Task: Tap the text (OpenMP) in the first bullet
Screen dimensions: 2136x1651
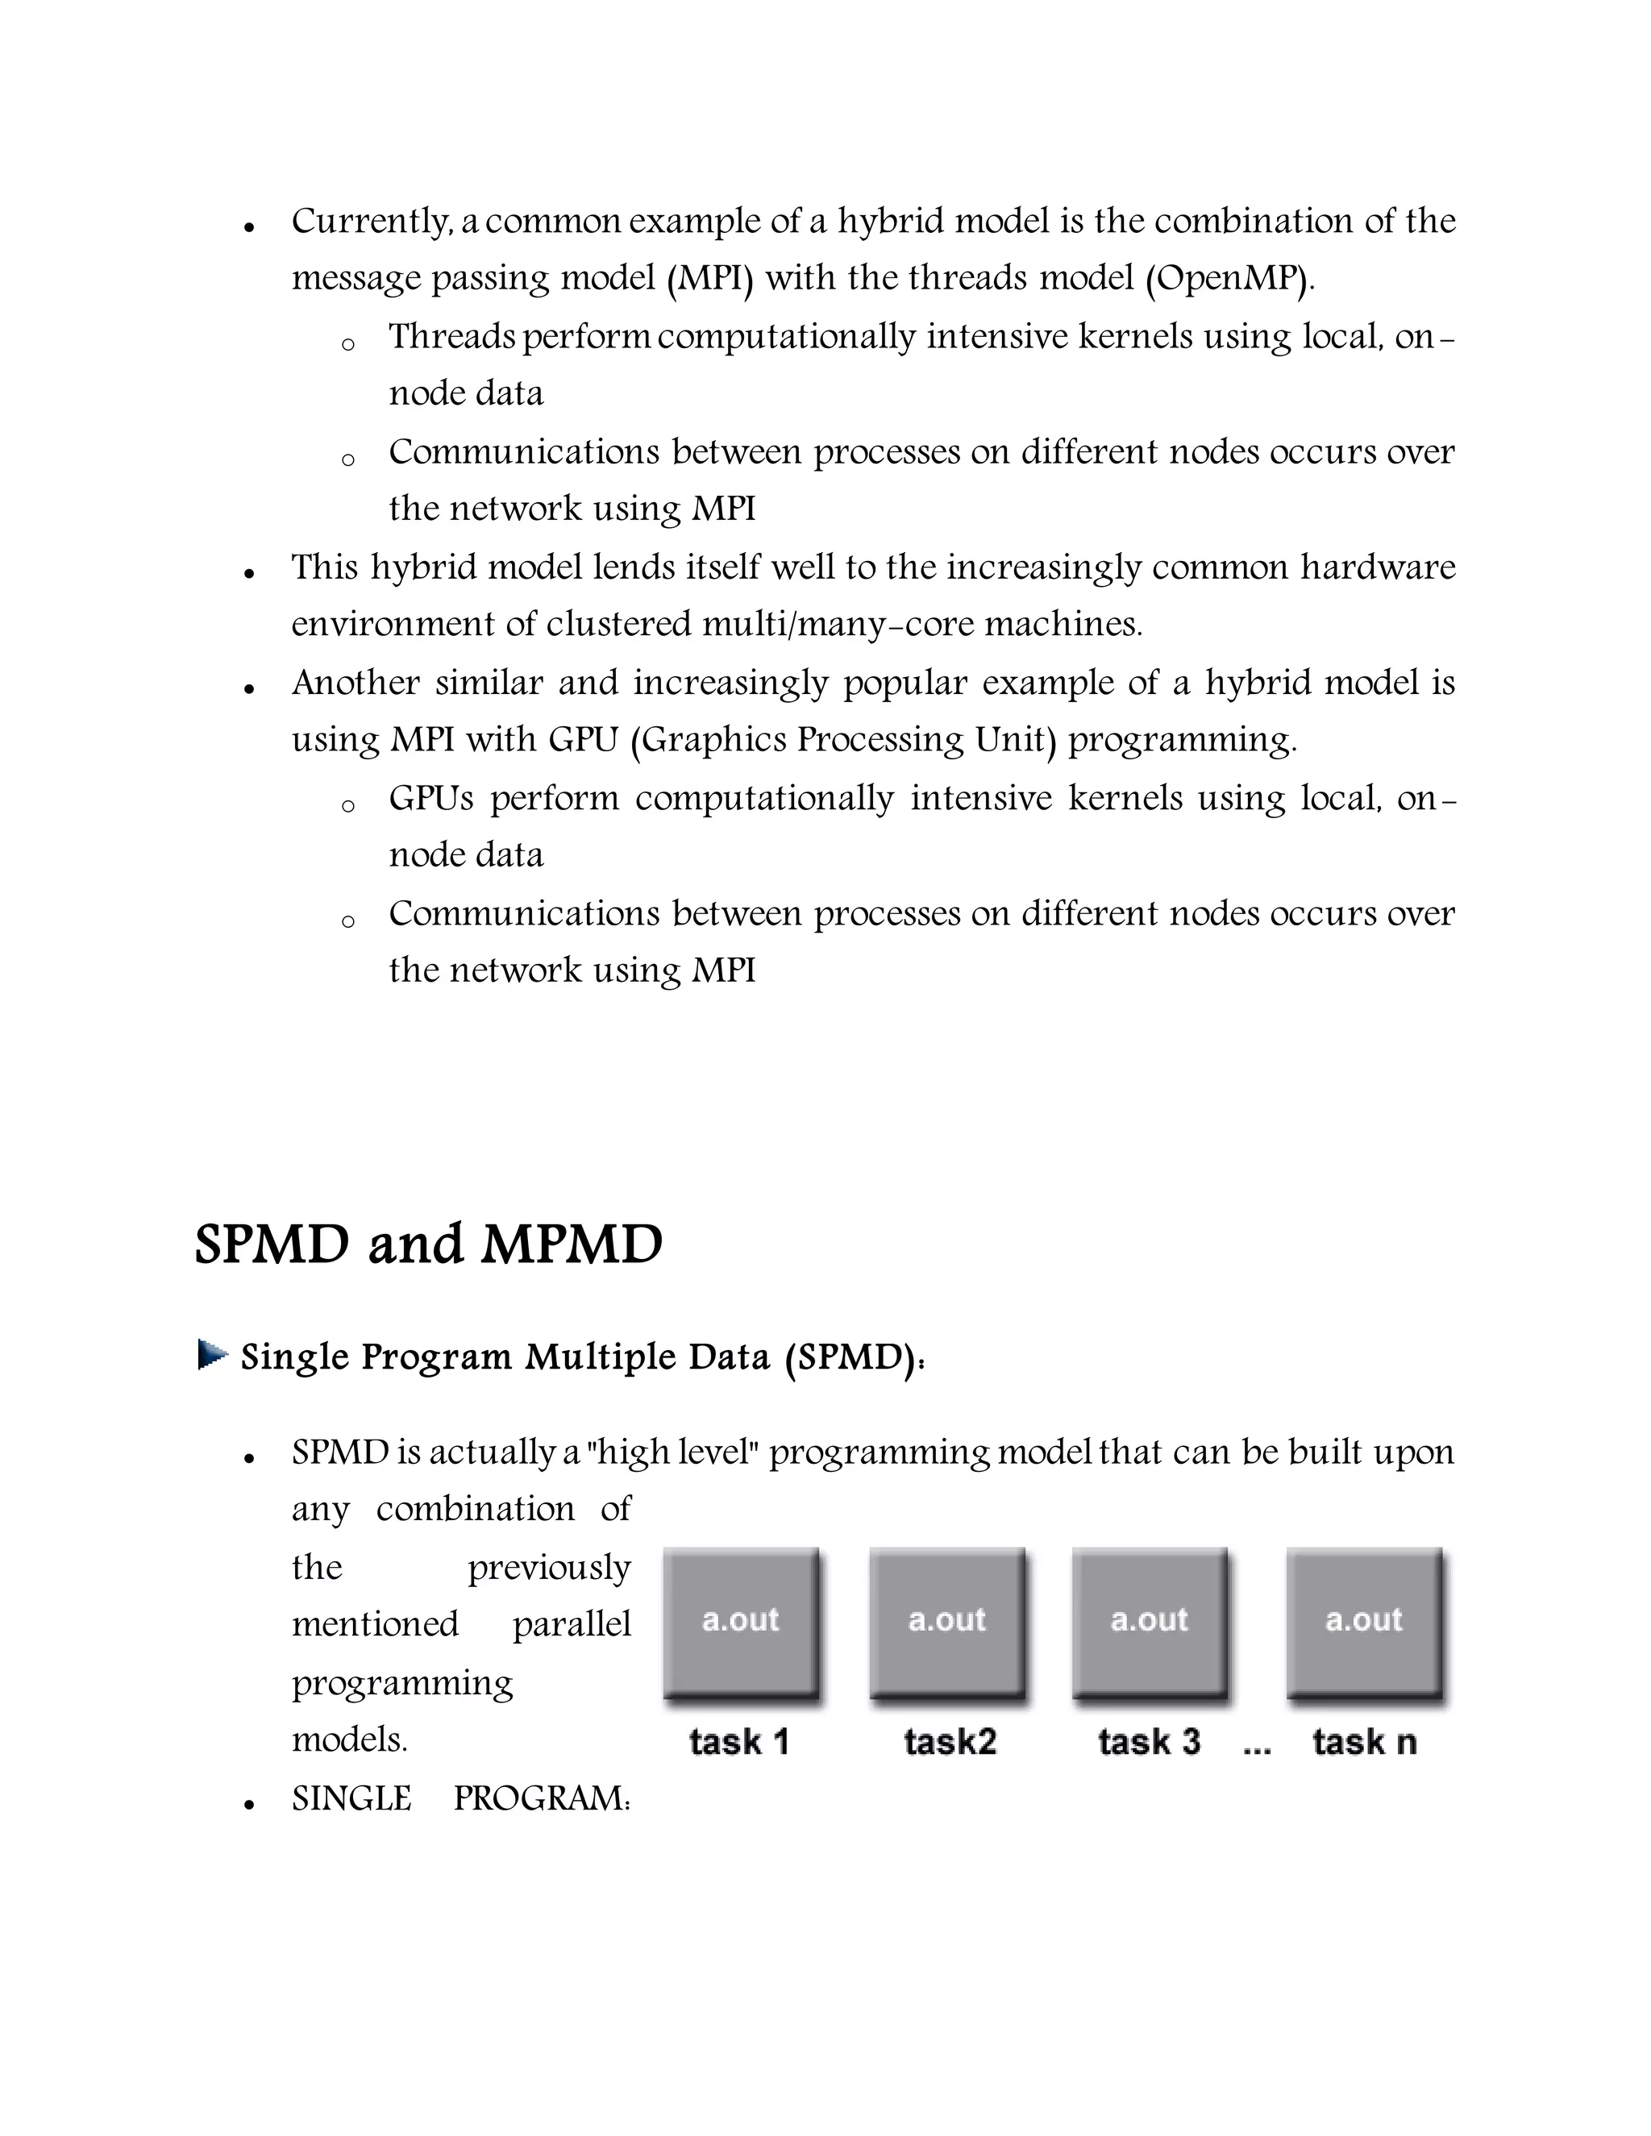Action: tap(1229, 279)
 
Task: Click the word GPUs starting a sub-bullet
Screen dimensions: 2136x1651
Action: tap(431, 798)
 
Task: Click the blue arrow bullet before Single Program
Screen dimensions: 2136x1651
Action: tap(212, 1356)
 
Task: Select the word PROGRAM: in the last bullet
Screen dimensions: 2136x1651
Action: tap(542, 1798)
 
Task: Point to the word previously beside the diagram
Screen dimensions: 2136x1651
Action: tap(549, 1568)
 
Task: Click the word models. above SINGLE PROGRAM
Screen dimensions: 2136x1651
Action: tap(349, 1740)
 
